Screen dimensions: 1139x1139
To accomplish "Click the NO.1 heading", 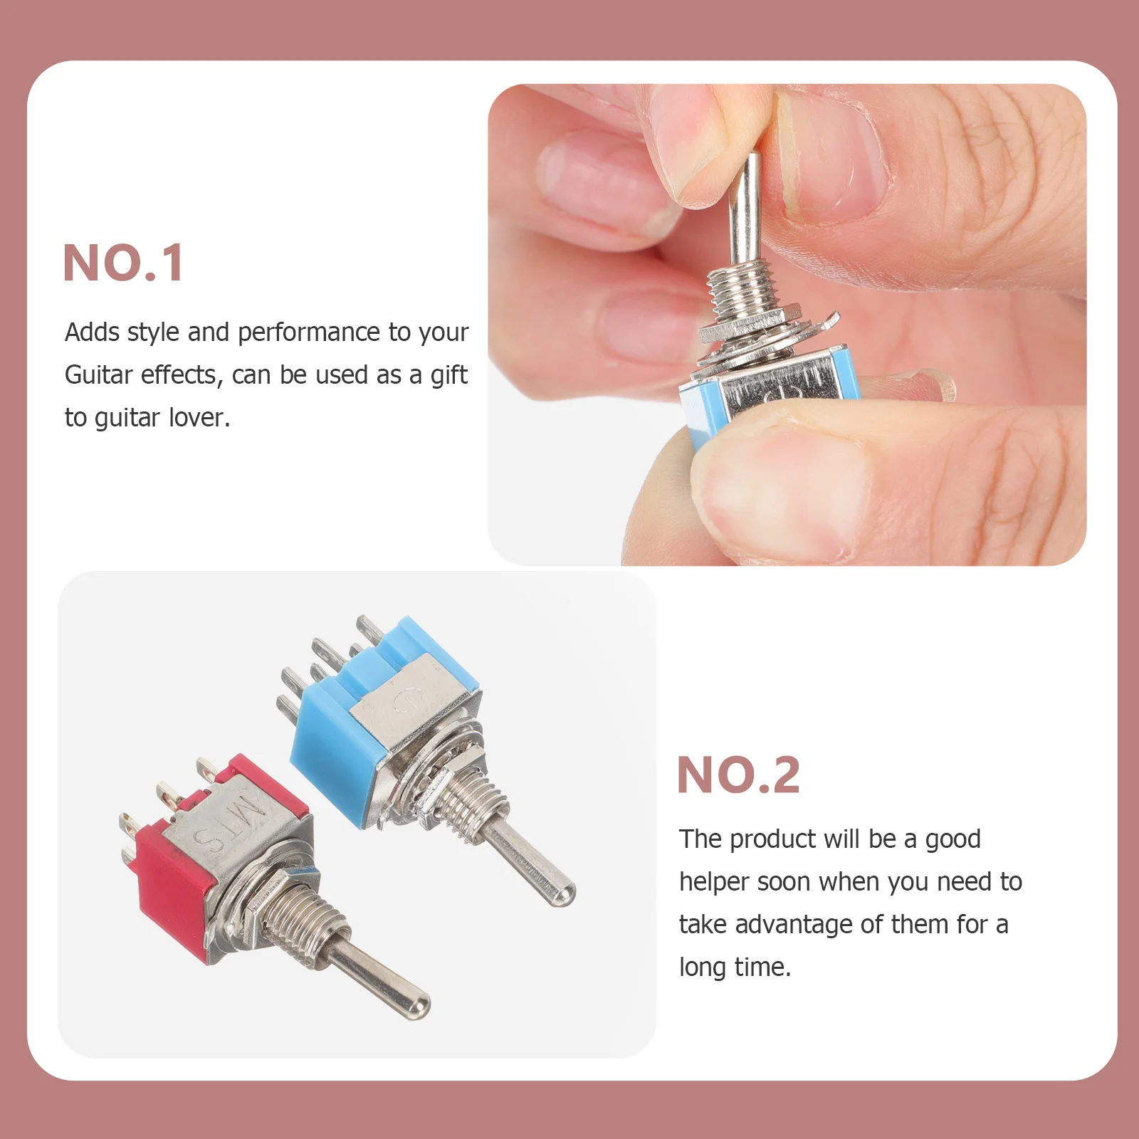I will point(123,263).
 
